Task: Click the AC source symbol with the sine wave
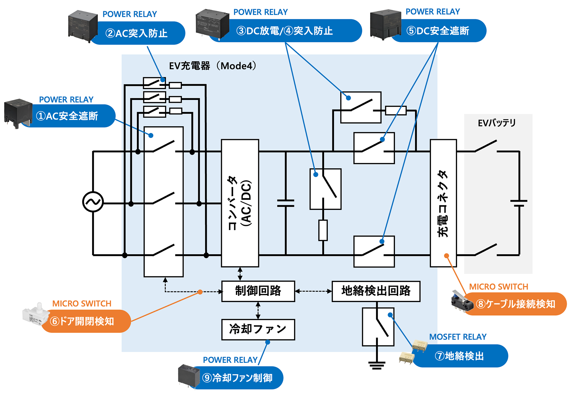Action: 93,202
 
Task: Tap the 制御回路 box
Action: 258,291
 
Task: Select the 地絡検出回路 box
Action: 376,291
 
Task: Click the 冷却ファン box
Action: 258,329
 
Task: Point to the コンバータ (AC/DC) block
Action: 240,203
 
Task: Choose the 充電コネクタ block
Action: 443,203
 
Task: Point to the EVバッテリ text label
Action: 497,123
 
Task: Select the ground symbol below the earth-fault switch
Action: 377,365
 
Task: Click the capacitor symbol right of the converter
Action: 286,203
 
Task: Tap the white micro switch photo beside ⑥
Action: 35,315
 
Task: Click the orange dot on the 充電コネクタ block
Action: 446,256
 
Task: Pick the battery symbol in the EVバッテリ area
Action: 519,203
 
